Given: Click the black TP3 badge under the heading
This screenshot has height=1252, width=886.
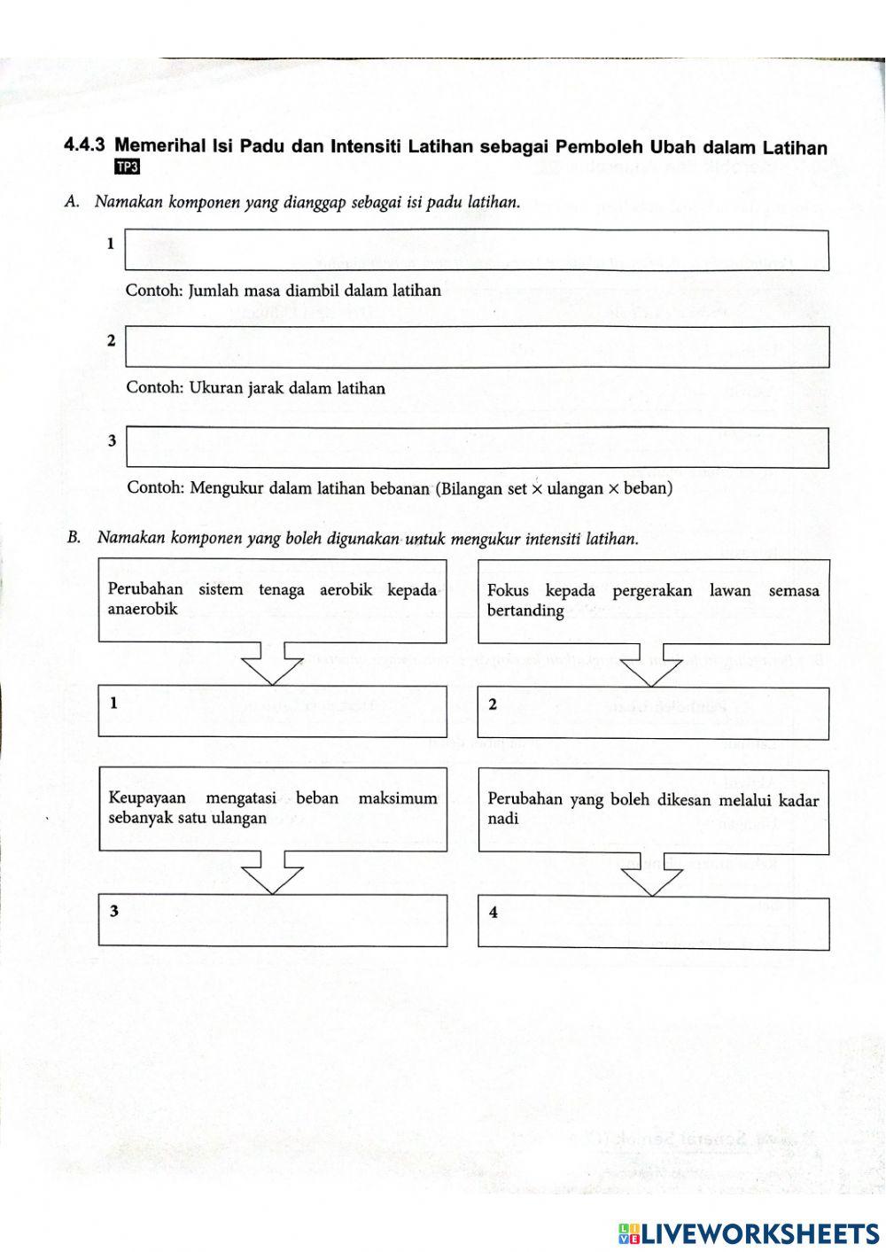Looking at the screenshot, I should click(x=128, y=168).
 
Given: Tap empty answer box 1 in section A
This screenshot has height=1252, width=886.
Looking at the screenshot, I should click(x=477, y=250).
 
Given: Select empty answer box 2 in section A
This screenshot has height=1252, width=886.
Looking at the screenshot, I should click(x=477, y=346).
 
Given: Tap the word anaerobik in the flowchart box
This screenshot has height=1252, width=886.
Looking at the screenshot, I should click(x=143, y=610).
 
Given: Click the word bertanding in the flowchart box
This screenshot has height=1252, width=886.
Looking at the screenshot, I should click(x=525, y=610).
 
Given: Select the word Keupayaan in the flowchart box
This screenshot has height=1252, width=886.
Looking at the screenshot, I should click(x=147, y=798).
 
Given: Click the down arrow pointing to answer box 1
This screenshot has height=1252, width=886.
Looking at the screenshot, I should click(x=272, y=664).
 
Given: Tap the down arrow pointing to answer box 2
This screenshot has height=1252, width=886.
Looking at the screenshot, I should click(x=652, y=665).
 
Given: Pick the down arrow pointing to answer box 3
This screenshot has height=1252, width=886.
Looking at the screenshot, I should click(x=272, y=873).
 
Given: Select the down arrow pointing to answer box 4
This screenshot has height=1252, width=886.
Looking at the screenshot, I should click(x=652, y=875).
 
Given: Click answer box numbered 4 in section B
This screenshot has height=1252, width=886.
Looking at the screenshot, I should click(x=654, y=923).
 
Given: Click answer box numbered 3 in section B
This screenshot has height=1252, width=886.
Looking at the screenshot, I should click(x=272, y=920).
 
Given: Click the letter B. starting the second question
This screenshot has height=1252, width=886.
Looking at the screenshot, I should click(x=74, y=538).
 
